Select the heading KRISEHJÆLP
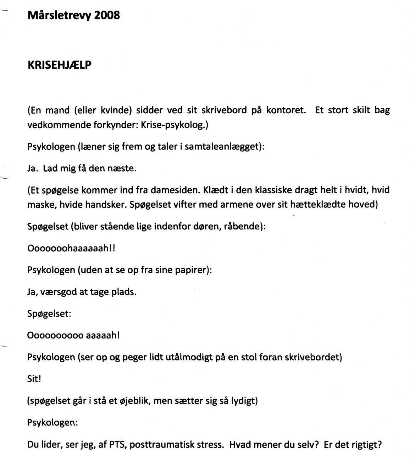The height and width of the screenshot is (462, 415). tap(59, 65)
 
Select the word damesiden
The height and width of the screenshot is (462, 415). tap(175, 190)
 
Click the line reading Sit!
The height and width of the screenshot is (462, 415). tap(34, 379)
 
